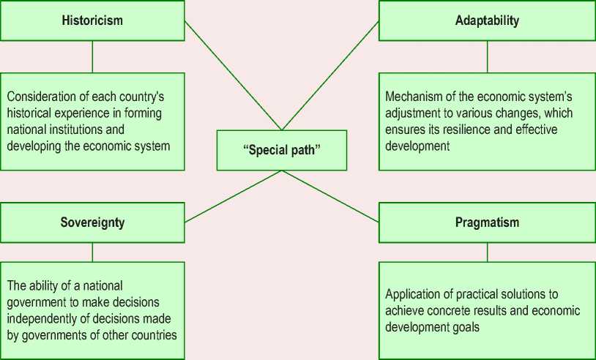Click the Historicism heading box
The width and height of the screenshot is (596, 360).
point(92,20)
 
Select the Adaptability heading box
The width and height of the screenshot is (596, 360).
point(487,20)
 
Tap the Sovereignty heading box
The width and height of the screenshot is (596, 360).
point(92,222)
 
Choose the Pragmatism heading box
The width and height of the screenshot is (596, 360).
point(487,222)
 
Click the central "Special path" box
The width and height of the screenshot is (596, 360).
point(282,150)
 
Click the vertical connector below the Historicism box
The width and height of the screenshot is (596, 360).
point(92,56)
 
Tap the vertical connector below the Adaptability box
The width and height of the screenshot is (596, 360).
point(487,56)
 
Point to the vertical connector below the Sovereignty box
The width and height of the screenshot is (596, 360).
point(92,252)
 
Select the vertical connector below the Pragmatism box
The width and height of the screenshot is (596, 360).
point(487,252)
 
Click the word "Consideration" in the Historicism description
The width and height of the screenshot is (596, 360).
point(40,95)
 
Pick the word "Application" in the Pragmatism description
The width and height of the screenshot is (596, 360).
point(414,294)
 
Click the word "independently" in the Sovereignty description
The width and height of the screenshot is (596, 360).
point(43,319)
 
